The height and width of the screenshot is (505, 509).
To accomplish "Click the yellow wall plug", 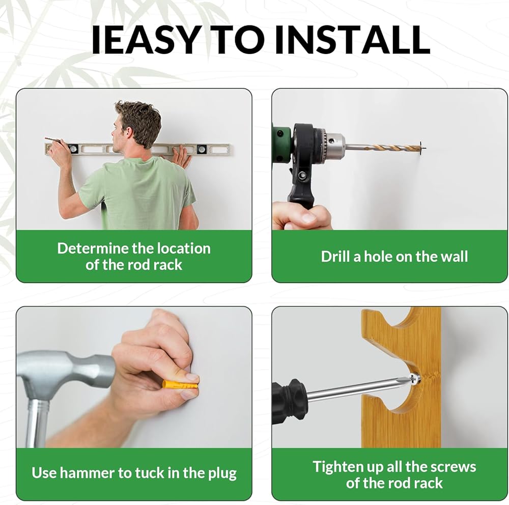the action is [180, 385].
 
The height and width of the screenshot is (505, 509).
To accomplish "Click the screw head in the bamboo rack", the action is [414, 379].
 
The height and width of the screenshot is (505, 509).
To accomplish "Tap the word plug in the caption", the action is [222, 473].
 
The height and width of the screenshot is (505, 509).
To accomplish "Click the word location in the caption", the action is [185, 248].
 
